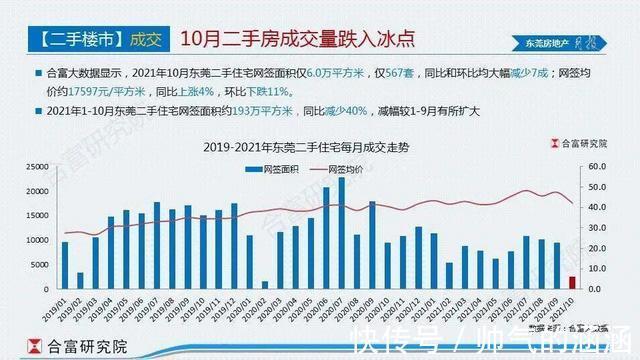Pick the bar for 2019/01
pos(65,265)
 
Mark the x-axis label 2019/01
pos(60,304)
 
